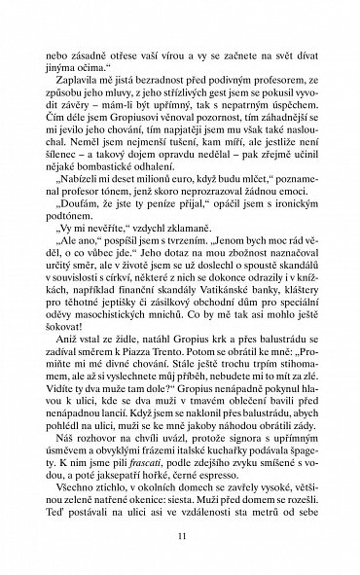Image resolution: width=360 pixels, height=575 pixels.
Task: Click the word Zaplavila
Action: [x=78, y=85]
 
